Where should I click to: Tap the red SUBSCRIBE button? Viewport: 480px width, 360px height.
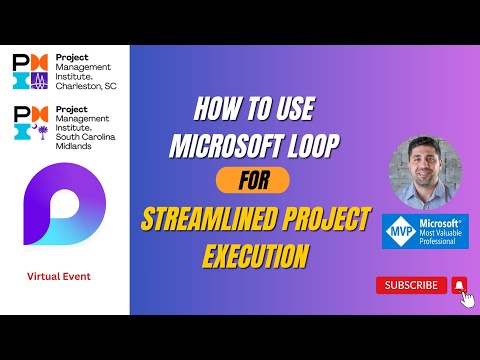(410, 285)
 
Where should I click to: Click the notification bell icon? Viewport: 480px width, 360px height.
(459, 285)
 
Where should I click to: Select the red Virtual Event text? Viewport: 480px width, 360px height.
(64, 274)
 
